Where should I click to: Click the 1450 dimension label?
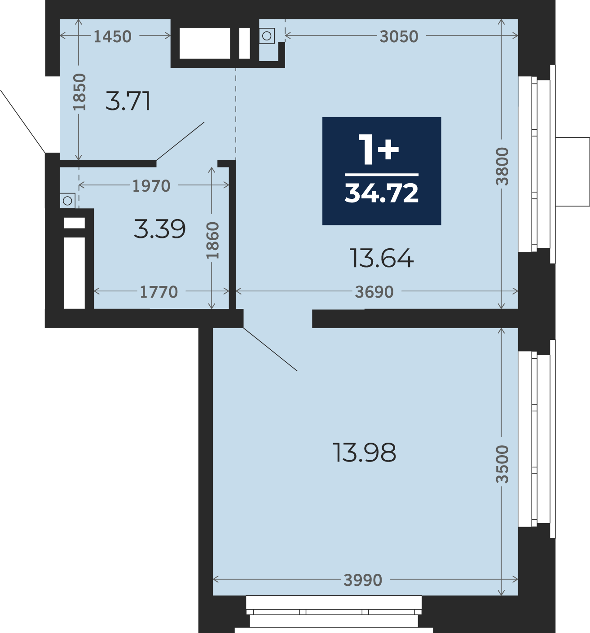click(112, 36)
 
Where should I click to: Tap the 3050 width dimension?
click(399, 36)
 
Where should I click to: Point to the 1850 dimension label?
click(79, 92)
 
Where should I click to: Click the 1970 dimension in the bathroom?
click(151, 186)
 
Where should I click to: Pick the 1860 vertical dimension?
click(212, 240)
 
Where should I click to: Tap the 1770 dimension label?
click(159, 292)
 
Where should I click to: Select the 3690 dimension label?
click(374, 292)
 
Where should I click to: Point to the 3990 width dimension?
click(363, 580)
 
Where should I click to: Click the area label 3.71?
click(128, 101)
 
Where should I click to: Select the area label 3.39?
click(159, 229)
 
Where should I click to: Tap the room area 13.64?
click(382, 258)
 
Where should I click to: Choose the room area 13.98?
click(364, 452)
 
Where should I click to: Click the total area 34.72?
click(381, 193)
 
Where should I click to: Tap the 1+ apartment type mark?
click(379, 149)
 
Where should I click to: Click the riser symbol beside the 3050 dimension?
click(267, 36)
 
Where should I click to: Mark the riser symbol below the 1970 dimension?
click(67, 201)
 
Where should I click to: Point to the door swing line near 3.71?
click(180, 141)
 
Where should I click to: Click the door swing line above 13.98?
click(270, 349)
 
